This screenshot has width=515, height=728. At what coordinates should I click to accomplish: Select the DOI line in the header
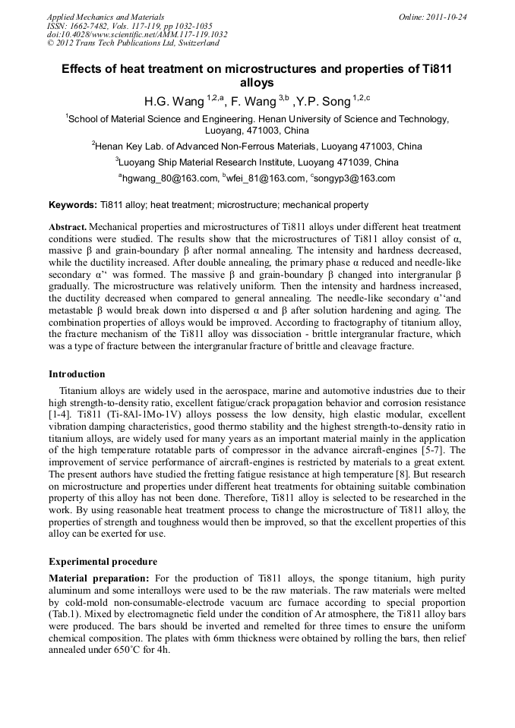(x=137, y=34)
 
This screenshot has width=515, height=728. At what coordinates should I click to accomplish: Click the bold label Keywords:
(x=73, y=205)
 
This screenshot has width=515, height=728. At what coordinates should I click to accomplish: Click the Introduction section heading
(x=77, y=374)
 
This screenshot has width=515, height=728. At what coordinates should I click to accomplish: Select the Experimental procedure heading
(x=103, y=562)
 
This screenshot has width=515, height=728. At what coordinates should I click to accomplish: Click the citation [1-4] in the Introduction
(x=61, y=415)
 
